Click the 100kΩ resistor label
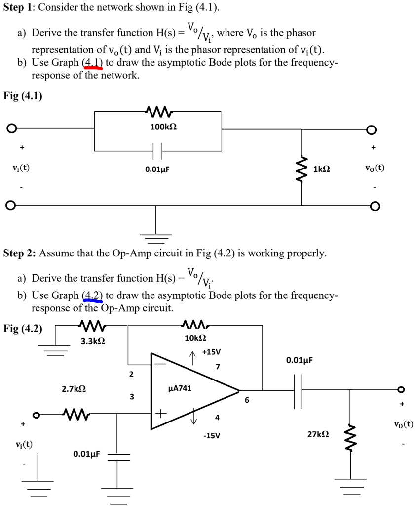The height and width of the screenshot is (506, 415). [x=163, y=127]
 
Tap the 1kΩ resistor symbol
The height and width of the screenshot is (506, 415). [x=302, y=169]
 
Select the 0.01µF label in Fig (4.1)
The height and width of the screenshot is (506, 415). [x=157, y=169]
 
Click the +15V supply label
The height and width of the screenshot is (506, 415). [x=211, y=352]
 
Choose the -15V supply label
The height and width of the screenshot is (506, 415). [x=211, y=436]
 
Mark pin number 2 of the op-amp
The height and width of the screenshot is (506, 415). [x=131, y=374]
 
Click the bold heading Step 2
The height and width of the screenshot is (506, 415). [x=19, y=254]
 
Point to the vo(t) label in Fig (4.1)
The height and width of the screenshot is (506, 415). [x=374, y=168]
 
